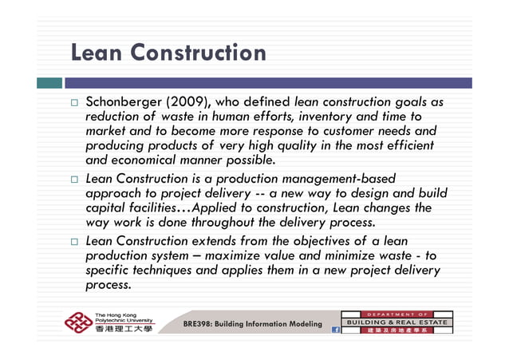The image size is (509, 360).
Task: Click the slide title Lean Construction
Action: pos(168,53)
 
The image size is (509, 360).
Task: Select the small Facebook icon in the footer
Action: pos(336,330)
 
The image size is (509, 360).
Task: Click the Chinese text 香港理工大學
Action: pos(124,329)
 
